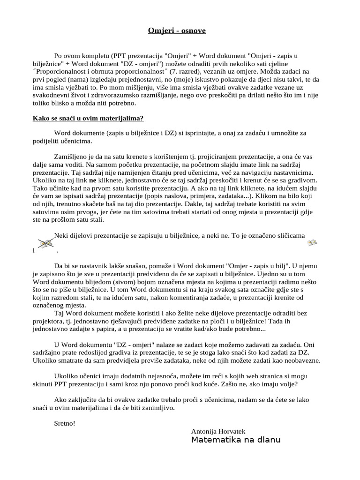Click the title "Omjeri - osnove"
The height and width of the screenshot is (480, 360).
click(170, 30)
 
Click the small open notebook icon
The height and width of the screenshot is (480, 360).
click(312, 242)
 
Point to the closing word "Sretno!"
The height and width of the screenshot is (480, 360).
click(65, 423)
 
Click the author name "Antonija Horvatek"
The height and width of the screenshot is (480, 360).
click(218, 431)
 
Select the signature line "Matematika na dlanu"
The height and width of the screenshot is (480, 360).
click(236, 440)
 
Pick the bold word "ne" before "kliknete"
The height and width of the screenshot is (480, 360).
click(93, 180)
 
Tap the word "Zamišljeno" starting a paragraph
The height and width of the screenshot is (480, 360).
click(70, 156)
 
